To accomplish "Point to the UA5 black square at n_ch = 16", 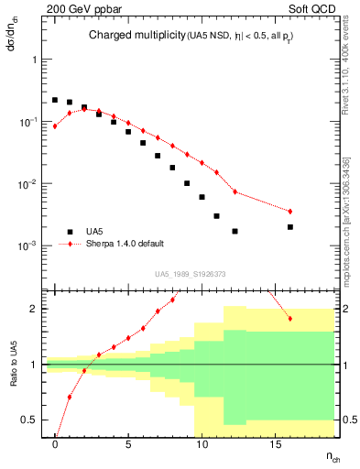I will (290, 226).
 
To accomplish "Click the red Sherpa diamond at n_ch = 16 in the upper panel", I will (290, 212).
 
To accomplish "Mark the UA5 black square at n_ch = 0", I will (55, 100).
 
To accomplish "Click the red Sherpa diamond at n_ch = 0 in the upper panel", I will (55, 126).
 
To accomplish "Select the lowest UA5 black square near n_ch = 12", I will (235, 231).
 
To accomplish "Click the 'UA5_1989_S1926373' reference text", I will (191, 273).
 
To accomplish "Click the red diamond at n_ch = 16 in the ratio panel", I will (290, 319).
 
